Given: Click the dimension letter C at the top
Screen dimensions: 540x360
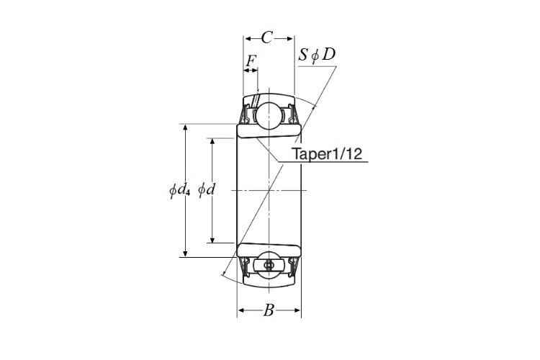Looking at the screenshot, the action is pyautogui.click(x=267, y=37).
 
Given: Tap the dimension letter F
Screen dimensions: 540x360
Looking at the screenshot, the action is pyautogui.click(x=251, y=61).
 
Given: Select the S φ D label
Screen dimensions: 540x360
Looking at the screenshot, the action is pyautogui.click(x=317, y=55).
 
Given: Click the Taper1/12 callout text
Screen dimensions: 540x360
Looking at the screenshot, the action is pyautogui.click(x=327, y=153).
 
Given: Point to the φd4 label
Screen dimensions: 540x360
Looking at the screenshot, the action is pyautogui.click(x=179, y=190).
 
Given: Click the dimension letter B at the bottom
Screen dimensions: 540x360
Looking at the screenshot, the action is pyautogui.click(x=269, y=310).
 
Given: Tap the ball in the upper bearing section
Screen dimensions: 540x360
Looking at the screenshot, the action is pyautogui.click(x=269, y=115).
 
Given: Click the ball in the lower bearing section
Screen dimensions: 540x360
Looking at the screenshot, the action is pyautogui.click(x=269, y=265).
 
